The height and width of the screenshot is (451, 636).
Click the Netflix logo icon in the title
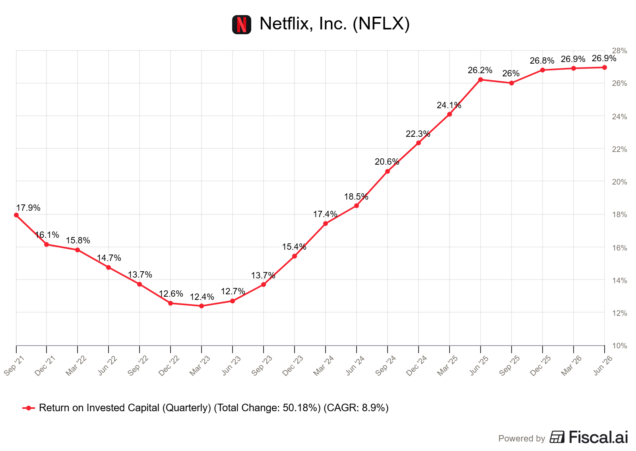pyautogui.click(x=241, y=24)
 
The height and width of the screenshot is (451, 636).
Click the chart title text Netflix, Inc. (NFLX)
pyautogui.click(x=334, y=23)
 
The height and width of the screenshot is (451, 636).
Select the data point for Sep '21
pyautogui.click(x=16, y=215)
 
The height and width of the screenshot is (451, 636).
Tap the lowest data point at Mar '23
pyautogui.click(x=202, y=306)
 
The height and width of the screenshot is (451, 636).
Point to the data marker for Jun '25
pyautogui.click(x=481, y=80)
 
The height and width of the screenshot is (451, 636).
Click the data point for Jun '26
pyautogui.click(x=605, y=68)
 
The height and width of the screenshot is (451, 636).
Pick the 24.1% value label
pyautogui.click(x=449, y=105)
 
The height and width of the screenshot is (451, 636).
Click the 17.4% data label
pyautogui.click(x=325, y=214)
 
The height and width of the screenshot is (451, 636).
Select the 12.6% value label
pyautogui.click(x=171, y=294)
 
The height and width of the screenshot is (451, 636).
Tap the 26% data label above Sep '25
pyautogui.click(x=511, y=74)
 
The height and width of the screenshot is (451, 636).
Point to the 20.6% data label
pyautogui.click(x=387, y=162)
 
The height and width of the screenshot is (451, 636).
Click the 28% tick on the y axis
pyautogui.click(x=619, y=51)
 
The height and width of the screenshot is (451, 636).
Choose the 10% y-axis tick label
pyautogui.click(x=619, y=346)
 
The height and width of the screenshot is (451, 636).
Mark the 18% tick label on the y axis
pyautogui.click(x=619, y=214)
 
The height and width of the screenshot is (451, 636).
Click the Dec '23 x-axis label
pyautogui.click(x=293, y=366)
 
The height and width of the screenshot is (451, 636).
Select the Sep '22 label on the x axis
pyautogui.click(x=138, y=366)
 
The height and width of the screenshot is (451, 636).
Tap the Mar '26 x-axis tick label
pyautogui.click(x=571, y=366)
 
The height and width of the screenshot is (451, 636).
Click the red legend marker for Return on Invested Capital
pyautogui.click(x=28, y=408)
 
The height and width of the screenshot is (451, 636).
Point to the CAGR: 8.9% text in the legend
pyautogui.click(x=356, y=408)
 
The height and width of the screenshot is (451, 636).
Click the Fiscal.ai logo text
pyautogui.click(x=598, y=437)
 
